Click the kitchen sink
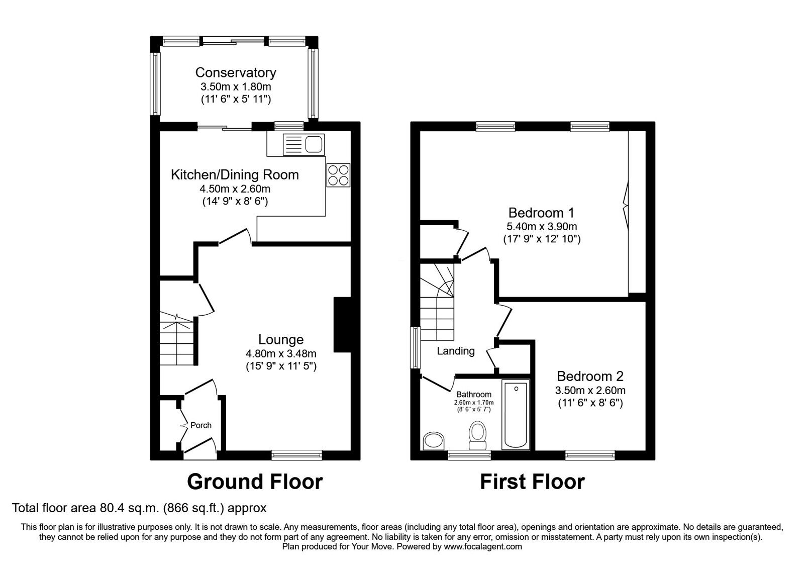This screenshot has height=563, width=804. (x=304, y=144)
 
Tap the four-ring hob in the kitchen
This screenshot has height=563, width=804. (x=338, y=175)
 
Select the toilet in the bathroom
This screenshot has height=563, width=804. (x=478, y=435)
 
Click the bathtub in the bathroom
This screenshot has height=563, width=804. (x=516, y=415)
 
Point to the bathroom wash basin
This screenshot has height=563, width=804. (x=434, y=440)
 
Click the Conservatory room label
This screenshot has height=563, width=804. (x=236, y=72)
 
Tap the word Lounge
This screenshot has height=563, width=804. (x=281, y=340)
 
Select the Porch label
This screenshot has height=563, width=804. (x=201, y=425)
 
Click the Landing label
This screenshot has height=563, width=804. (x=456, y=351)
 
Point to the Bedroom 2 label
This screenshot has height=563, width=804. (x=590, y=377)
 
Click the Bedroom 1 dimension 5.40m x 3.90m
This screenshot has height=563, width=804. (x=542, y=227)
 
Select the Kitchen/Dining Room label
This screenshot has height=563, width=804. (x=235, y=175)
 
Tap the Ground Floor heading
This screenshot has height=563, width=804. (x=255, y=482)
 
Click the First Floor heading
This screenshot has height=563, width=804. (x=532, y=482)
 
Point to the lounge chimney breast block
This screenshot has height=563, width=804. (x=342, y=325)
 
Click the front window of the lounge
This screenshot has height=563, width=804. (x=297, y=455)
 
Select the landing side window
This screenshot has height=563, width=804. (x=415, y=347)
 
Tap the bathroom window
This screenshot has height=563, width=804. (x=469, y=455)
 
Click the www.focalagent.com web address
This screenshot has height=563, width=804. (x=483, y=547)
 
